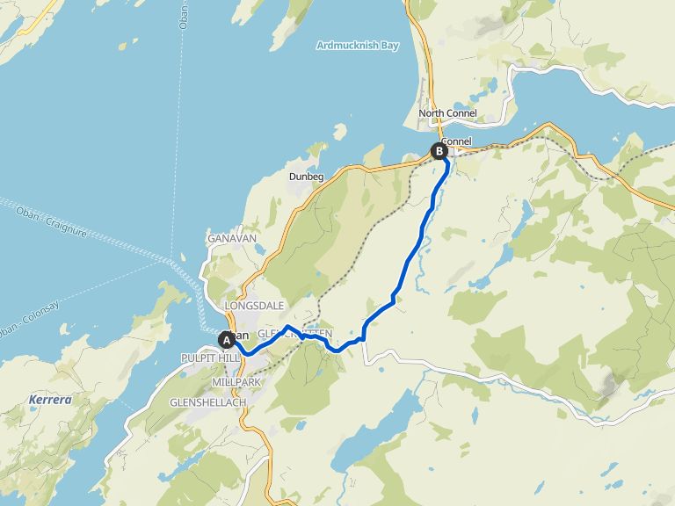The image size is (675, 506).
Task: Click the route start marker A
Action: [227, 339]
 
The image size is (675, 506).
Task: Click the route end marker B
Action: [438, 151]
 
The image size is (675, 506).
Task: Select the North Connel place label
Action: [448, 113]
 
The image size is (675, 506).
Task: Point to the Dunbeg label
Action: [307, 177]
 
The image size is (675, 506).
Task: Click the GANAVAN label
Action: [230, 239]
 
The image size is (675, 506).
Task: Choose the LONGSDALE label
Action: [255, 306]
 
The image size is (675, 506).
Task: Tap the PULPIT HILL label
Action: [206, 358]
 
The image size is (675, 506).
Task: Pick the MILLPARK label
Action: [237, 383]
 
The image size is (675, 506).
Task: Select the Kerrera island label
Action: [49, 400]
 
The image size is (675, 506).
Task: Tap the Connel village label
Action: [457, 141]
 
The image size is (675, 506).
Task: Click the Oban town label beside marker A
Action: [243, 336]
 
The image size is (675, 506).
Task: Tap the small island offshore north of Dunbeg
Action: [338, 134]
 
